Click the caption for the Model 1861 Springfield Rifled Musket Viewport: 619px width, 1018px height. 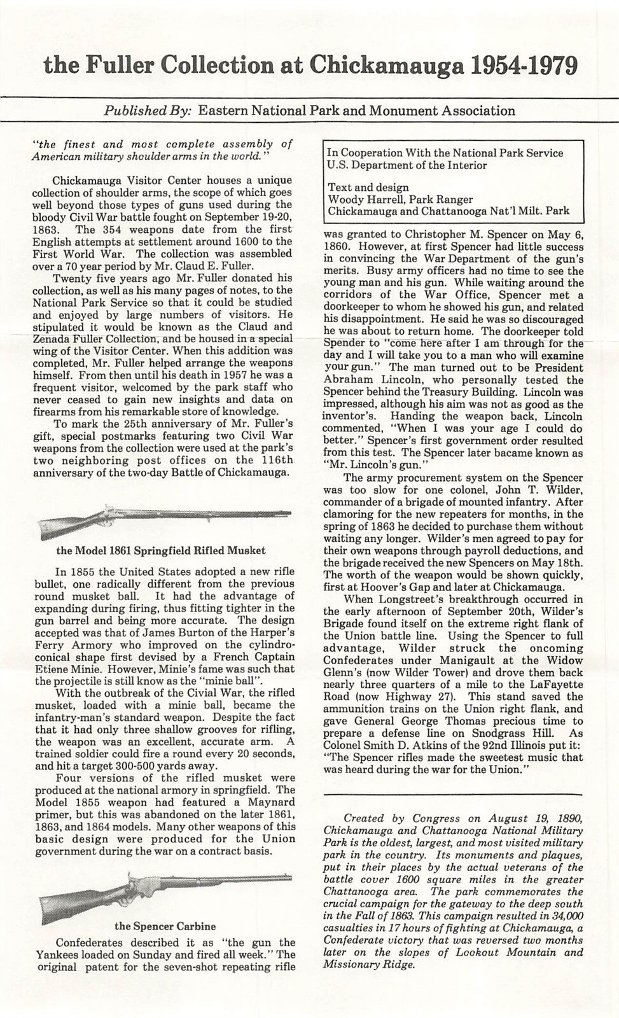pyautogui.click(x=161, y=550)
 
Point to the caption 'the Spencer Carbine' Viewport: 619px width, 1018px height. pyautogui.click(x=165, y=926)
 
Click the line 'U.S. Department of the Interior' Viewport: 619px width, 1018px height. pyautogui.click(x=407, y=165)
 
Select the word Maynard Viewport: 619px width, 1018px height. pyautogui.click(x=272, y=802)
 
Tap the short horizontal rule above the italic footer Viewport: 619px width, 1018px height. pyautogui.click(x=453, y=795)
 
